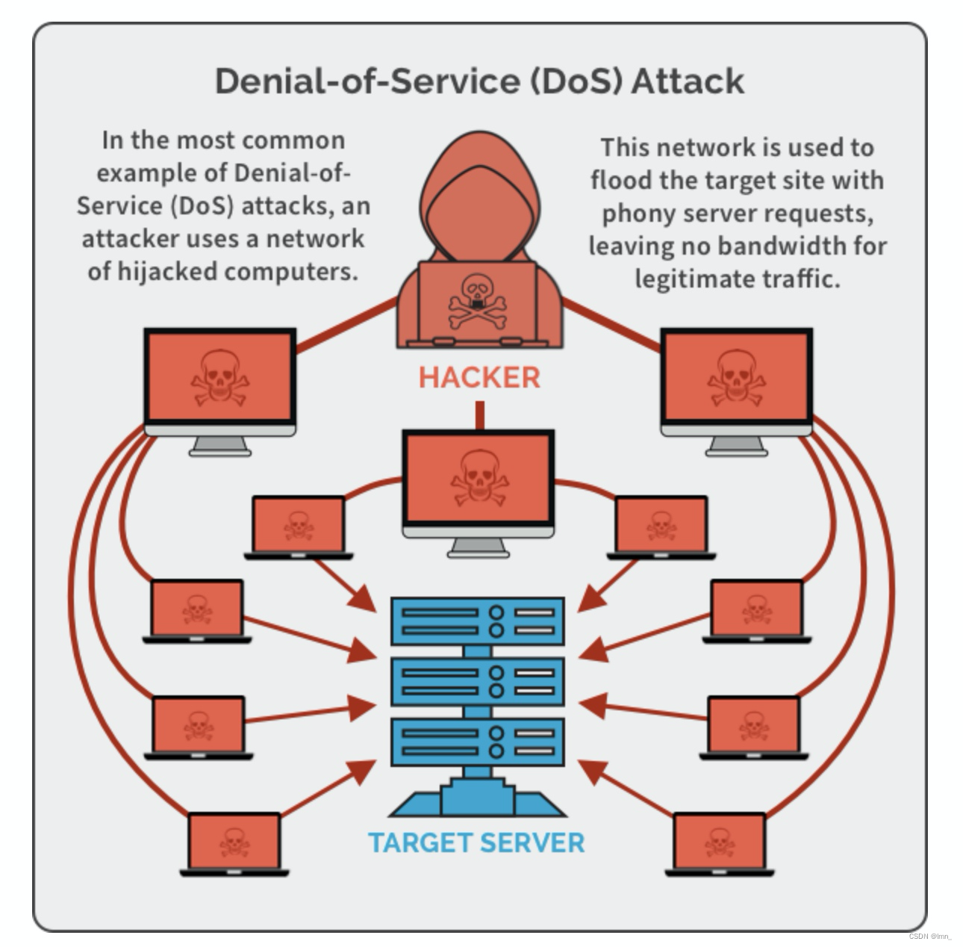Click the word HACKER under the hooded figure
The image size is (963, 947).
[479, 378]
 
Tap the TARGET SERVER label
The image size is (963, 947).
[476, 843]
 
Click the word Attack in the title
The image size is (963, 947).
[688, 81]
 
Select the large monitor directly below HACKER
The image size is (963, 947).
[479, 479]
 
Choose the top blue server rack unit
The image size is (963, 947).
[478, 621]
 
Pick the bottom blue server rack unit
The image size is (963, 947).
[478, 742]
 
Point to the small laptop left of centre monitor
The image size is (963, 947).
[299, 526]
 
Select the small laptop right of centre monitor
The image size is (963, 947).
[661, 526]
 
